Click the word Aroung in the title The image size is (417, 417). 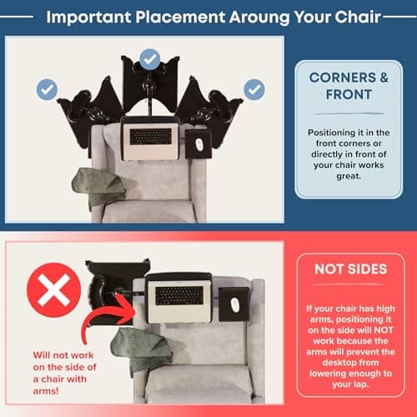(x=259, y=18)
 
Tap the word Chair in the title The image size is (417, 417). (x=357, y=17)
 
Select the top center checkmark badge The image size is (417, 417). (x=150, y=59)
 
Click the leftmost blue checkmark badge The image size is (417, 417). (x=47, y=89)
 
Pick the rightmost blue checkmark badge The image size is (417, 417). (x=254, y=89)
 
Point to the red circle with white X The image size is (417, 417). (x=53, y=290)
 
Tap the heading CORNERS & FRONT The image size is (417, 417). (x=349, y=86)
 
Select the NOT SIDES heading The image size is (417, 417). (x=351, y=269)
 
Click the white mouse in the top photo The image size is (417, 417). (x=198, y=143)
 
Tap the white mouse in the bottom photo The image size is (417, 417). (x=234, y=305)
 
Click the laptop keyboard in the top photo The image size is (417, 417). (x=151, y=137)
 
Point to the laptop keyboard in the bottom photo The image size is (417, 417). (x=179, y=296)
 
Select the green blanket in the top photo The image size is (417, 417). (x=98, y=186)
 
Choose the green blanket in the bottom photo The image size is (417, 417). (x=140, y=348)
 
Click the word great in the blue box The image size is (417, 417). (x=348, y=177)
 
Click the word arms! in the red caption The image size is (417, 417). (x=46, y=391)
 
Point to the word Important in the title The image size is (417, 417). (x=88, y=18)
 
